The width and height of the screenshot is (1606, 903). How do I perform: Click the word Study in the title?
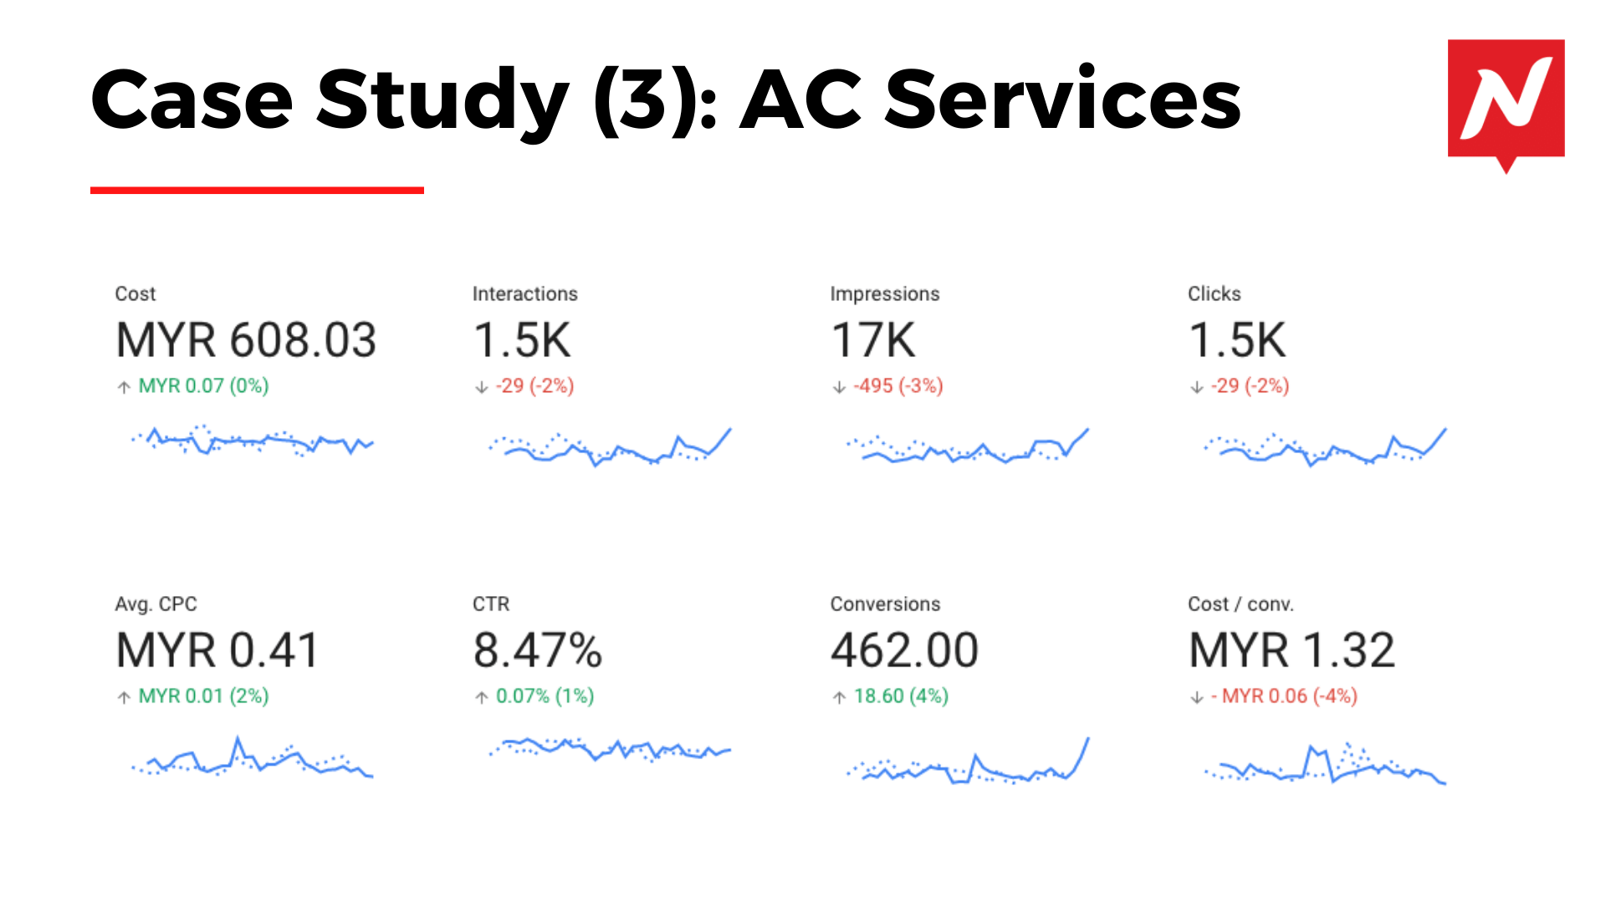coord(443,100)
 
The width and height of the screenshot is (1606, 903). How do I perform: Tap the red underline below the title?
coord(257,191)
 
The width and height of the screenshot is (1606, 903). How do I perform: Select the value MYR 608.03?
coord(246,340)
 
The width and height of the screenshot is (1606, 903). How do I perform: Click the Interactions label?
coord(524,294)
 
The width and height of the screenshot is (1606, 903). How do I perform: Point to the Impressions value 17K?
coord(872,340)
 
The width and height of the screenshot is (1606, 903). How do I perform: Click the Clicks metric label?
coord(1214,294)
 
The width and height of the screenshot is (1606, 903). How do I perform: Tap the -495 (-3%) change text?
coord(898,386)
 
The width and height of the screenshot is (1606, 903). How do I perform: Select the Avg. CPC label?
coord(156,605)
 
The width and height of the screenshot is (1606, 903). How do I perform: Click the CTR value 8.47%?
coord(537,650)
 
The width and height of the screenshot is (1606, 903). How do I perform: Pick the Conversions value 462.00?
coord(904,650)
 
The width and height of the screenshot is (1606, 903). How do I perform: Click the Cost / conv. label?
coord(1240,605)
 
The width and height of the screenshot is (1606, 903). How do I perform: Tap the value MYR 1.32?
coord(1291,650)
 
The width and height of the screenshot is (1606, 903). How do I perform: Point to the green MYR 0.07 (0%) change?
coord(203,386)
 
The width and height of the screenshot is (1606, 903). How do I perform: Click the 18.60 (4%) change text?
coord(901,696)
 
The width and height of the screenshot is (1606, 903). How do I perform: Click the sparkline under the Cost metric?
coord(252,441)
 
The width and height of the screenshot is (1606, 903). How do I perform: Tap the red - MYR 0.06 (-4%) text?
coord(1285,696)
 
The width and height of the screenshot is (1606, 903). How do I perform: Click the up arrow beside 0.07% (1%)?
coord(482,697)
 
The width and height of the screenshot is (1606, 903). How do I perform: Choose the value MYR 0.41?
coord(217,650)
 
